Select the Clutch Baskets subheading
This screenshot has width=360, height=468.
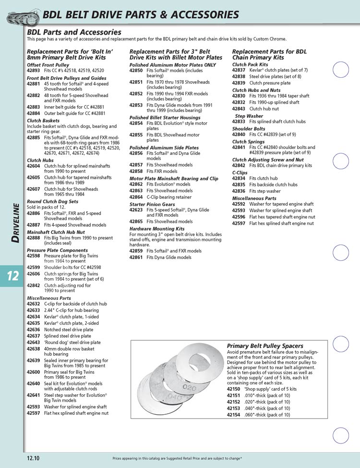tap(43, 121)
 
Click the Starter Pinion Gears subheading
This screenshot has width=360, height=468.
tap(151, 204)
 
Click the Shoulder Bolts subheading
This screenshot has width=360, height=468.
tap(248, 129)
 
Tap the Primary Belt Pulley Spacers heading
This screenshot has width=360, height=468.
tap(264, 345)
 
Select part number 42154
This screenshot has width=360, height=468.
tap(233, 415)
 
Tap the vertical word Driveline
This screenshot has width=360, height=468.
tap(15, 223)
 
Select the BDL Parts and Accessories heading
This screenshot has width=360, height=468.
tap(74, 32)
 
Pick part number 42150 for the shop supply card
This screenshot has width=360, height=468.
tap(233, 389)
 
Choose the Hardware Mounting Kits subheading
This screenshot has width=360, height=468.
tap(156, 229)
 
